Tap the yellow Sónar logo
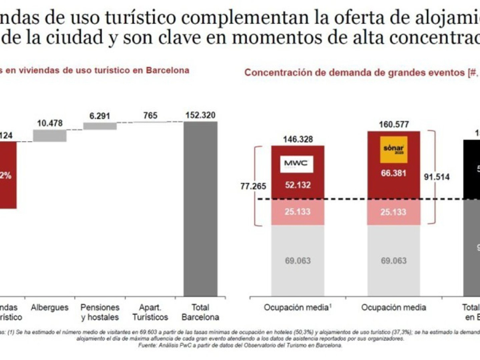point(394,150)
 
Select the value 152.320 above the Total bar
point(200,116)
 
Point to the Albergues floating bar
point(50,136)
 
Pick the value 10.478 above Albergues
point(50,123)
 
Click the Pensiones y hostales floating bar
point(100,126)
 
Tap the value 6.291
point(100,116)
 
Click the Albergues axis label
point(50,308)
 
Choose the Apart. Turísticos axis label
point(150,312)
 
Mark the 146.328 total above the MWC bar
point(298,139)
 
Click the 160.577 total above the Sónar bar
point(394,125)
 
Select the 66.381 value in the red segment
point(394,173)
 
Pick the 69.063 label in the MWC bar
point(298,261)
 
